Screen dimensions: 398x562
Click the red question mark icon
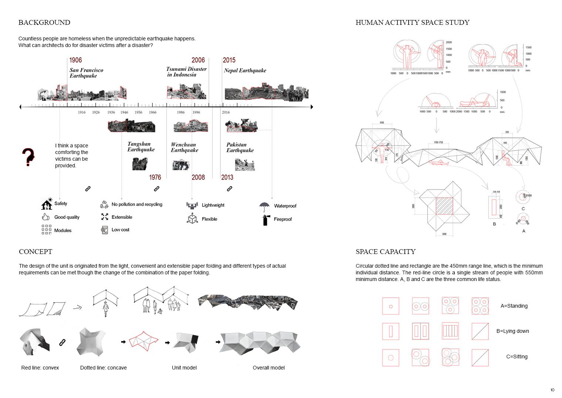click(x=28, y=157)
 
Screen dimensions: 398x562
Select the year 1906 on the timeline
click(x=75, y=60)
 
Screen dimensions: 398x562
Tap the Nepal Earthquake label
click(x=245, y=70)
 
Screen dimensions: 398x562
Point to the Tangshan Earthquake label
click(x=141, y=147)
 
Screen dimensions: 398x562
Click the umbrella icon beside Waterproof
click(x=264, y=206)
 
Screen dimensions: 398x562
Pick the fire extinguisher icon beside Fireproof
click(x=265, y=220)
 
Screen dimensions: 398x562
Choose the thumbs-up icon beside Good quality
click(x=46, y=217)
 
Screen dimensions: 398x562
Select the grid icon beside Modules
click(x=46, y=230)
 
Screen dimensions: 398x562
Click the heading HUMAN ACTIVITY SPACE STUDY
click(x=412, y=23)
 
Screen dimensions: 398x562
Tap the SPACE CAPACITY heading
click(x=385, y=252)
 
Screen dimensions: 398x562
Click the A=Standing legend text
click(x=514, y=306)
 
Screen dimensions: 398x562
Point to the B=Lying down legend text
click(x=512, y=331)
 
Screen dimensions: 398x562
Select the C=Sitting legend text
click(x=517, y=357)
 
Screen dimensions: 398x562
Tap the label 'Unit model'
click(x=184, y=368)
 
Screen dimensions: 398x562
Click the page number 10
click(x=552, y=390)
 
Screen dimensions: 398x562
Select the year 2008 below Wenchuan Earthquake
click(x=198, y=177)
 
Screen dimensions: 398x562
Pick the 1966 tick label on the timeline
click(x=152, y=112)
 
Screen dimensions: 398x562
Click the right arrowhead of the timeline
click(x=312, y=107)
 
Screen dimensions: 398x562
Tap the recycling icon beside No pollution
click(x=104, y=204)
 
